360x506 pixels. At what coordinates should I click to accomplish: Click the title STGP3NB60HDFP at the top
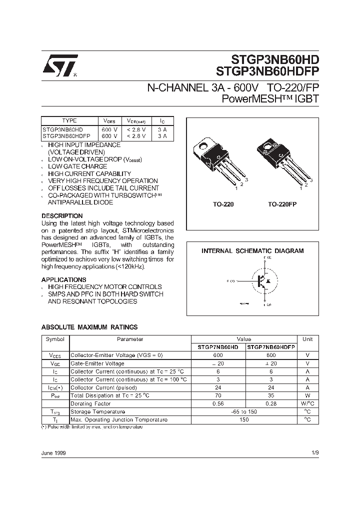[267, 70]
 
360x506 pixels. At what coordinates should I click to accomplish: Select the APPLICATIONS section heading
[63, 279]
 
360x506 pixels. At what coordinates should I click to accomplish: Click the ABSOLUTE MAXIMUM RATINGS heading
[89, 327]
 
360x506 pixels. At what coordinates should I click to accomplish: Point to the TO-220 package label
[223, 204]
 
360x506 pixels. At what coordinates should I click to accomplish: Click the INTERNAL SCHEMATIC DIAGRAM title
[252, 251]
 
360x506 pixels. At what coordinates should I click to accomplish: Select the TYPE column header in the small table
[69, 120]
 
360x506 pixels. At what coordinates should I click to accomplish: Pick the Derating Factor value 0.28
[271, 403]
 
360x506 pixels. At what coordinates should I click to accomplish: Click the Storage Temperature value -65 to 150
[244, 411]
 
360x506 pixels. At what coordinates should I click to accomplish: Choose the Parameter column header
[129, 339]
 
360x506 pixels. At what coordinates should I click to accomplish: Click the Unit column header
[307, 339]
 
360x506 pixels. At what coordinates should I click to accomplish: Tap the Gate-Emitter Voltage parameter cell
[97, 363]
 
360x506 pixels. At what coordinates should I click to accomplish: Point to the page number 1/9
[314, 452]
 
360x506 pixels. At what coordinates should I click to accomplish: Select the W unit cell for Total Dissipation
[307, 395]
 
